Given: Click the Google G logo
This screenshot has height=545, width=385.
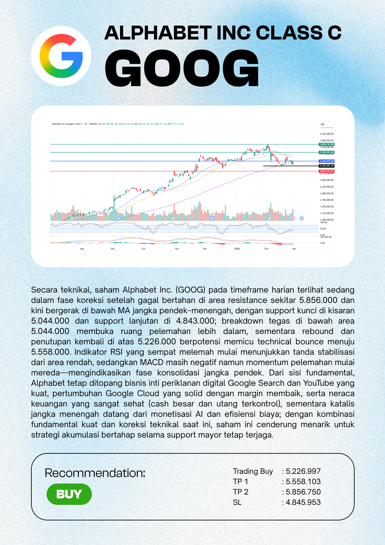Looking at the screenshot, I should click(x=61, y=56).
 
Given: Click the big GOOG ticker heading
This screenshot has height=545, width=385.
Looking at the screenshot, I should click(x=182, y=68).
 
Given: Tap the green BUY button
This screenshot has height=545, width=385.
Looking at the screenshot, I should click(x=69, y=494).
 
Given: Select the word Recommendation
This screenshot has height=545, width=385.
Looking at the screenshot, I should click(x=95, y=473).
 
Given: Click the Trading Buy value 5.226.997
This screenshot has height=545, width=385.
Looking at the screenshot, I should click(x=303, y=471).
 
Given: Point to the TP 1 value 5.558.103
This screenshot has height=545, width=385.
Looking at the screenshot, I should click(x=303, y=482).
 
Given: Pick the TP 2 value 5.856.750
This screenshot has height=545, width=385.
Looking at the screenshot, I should click(x=303, y=492).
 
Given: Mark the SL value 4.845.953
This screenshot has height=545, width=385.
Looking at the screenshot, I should click(x=303, y=502).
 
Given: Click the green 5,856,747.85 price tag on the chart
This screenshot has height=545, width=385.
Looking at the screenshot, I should click(x=326, y=144).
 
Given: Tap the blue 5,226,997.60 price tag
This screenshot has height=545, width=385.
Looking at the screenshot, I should click(x=326, y=161).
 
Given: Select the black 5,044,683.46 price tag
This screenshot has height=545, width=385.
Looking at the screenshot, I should click(x=326, y=166).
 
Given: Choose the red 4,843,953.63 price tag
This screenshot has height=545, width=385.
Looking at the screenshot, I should click(x=326, y=171).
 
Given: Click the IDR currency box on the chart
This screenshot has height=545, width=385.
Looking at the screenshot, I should click(x=323, y=125).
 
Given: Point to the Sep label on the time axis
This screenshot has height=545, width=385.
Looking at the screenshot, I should click(x=113, y=249).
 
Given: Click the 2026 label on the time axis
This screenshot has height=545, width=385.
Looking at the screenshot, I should click(x=237, y=249).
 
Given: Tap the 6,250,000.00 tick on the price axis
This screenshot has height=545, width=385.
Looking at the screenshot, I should click(x=327, y=134).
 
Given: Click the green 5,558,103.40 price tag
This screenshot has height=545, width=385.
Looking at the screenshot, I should click(x=326, y=152).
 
